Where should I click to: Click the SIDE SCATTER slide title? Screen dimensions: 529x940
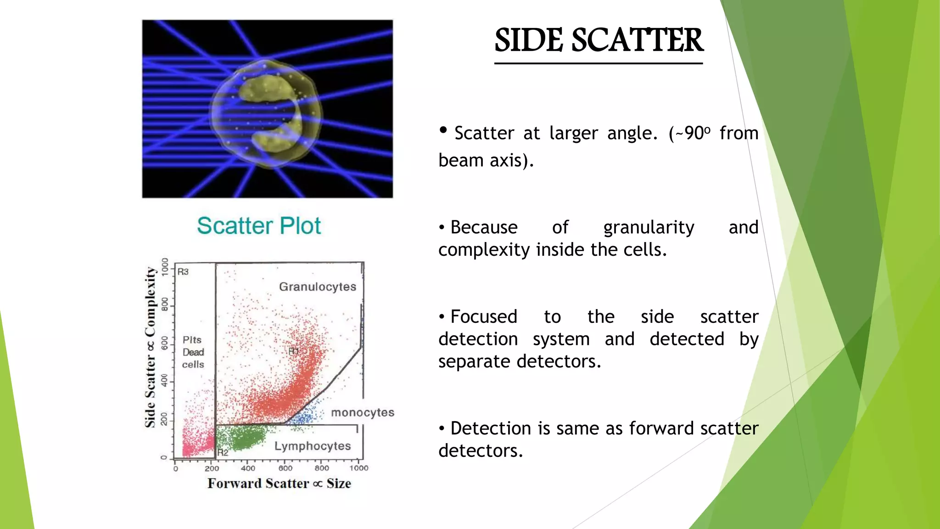coord(599,40)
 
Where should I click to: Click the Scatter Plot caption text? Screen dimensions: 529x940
coord(259,226)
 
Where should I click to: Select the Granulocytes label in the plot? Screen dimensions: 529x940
coord(318,287)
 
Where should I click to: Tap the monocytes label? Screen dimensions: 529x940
coord(363,412)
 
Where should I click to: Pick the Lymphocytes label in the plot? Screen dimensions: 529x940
coord(313,446)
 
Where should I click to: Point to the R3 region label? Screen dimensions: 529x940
coord(183,272)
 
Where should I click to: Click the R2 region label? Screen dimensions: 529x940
coord(223,453)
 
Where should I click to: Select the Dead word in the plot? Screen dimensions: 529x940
coord(193,352)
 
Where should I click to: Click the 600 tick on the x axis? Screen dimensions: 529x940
coord(285,468)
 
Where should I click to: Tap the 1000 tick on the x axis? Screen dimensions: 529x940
coord(359,468)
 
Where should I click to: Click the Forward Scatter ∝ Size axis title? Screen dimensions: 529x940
coord(279,484)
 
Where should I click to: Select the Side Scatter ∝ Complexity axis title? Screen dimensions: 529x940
coord(150,347)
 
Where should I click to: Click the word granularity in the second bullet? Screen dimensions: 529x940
coord(649,228)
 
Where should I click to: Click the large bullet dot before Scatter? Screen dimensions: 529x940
coord(443,130)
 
